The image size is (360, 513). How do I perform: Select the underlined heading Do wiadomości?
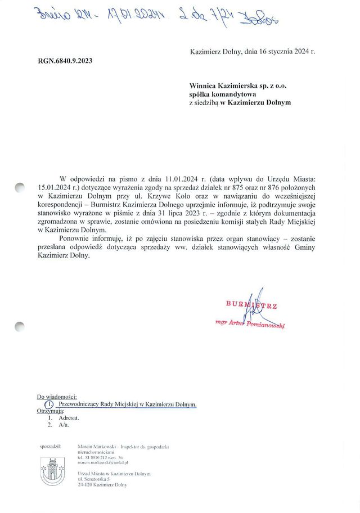point(57,397)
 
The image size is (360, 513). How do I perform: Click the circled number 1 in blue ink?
point(49,404)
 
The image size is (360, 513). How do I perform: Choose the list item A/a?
point(64,426)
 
